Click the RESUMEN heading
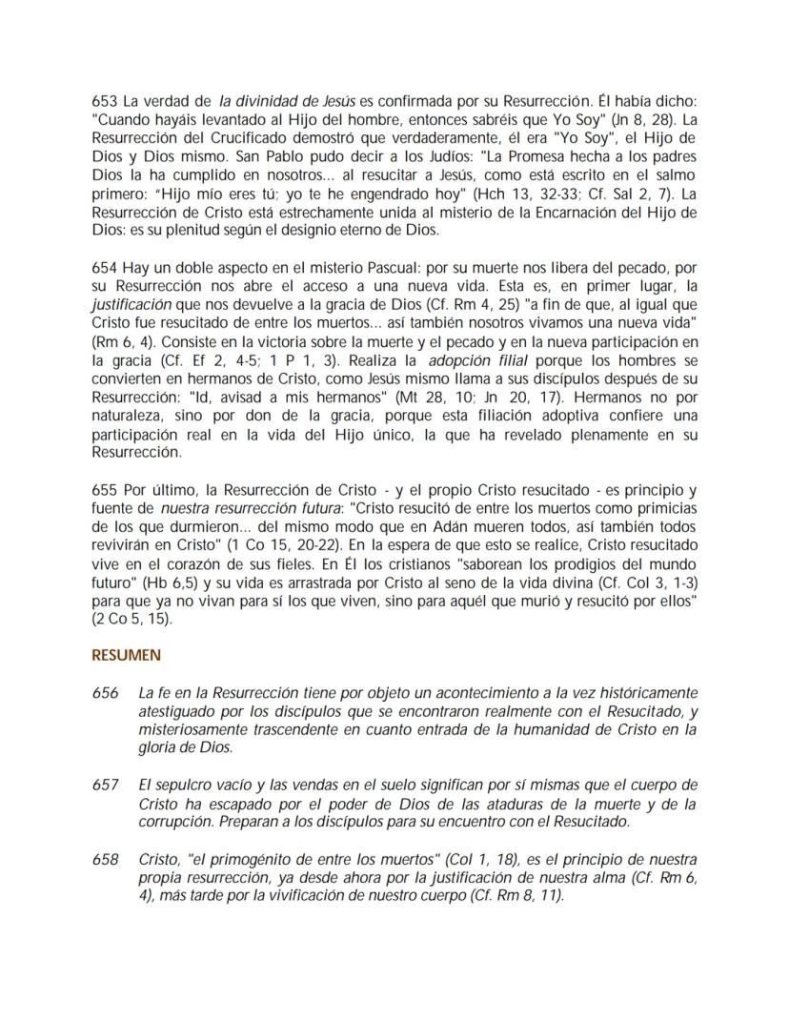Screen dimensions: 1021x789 (x=126, y=656)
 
